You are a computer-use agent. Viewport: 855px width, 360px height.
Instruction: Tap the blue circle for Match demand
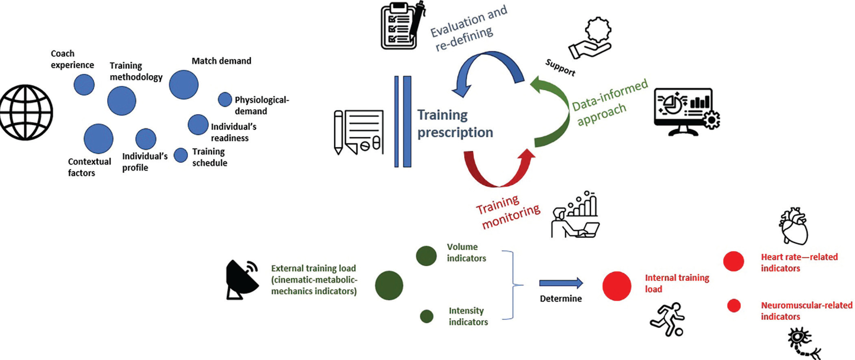(x=184, y=85)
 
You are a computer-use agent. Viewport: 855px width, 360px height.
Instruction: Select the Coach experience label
(x=72, y=59)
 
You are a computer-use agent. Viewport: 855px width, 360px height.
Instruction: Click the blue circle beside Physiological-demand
(x=225, y=99)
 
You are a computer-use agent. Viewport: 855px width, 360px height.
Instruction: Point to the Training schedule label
(x=210, y=157)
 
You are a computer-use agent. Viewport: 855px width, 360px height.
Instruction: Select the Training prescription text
(x=455, y=123)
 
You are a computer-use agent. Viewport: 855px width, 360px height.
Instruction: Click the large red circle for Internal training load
(x=617, y=286)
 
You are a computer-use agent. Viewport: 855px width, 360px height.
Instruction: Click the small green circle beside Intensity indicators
(x=426, y=316)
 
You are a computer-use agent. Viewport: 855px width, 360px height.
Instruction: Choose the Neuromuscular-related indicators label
(x=806, y=311)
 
